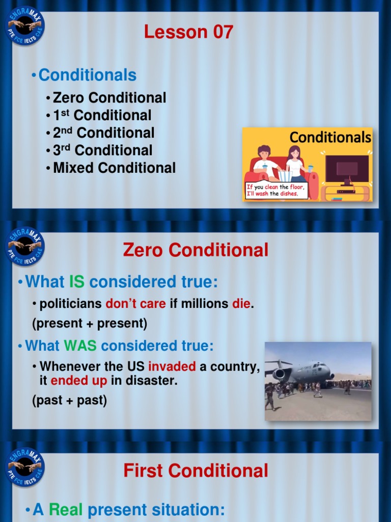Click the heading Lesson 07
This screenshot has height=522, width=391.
point(188,32)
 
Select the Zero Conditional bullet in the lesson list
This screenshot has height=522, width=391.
point(109,97)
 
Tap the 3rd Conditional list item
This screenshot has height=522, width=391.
point(103,150)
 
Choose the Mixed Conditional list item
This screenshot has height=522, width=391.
point(114,168)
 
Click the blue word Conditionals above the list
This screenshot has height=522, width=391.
point(87,75)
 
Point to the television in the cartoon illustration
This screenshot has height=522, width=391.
point(347,171)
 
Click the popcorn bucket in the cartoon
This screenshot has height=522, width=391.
point(285,175)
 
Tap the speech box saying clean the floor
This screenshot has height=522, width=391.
point(276,190)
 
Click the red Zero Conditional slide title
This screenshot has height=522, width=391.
point(195,250)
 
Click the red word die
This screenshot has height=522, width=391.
point(241,304)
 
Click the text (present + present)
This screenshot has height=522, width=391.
point(89,323)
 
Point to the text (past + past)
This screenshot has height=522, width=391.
point(69,401)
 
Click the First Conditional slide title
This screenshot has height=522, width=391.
point(195,471)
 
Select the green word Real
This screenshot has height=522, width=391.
point(66,509)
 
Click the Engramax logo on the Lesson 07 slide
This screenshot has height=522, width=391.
point(25,25)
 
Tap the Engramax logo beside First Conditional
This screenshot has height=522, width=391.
point(25,466)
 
